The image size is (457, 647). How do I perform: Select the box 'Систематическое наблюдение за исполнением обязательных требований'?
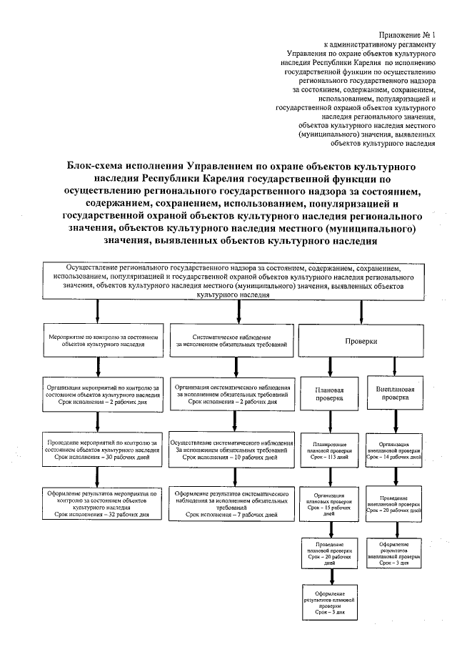[232, 340]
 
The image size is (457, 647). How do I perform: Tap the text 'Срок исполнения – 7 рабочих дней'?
[232, 514]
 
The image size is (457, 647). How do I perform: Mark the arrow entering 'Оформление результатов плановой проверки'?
[330, 578]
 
